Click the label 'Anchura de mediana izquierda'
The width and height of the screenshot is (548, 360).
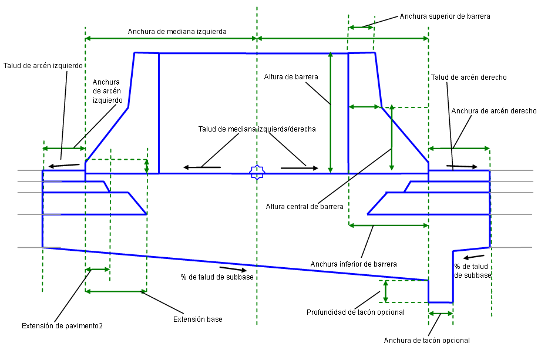[x=177, y=31]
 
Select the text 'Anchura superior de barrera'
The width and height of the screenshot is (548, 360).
[x=445, y=16]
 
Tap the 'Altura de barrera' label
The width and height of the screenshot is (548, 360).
[x=291, y=77]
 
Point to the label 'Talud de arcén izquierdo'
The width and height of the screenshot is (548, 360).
[x=43, y=66]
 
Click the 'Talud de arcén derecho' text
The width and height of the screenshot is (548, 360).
[x=469, y=78]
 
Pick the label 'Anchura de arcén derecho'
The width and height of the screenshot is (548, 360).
[x=493, y=110]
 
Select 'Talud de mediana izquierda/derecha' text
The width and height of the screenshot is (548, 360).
[x=257, y=129]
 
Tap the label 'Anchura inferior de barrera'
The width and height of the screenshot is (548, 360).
[x=354, y=264]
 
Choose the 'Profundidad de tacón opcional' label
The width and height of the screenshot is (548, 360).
[x=356, y=312]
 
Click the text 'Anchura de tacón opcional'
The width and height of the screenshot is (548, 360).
[x=426, y=341]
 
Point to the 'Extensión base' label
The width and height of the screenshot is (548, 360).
[x=198, y=319]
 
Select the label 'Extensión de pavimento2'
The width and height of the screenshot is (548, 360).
[x=62, y=325]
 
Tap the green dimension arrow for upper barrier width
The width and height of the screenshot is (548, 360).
[x=361, y=27]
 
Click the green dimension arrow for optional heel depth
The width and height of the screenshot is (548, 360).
[x=385, y=291]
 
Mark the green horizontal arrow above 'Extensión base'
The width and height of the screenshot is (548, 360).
[x=116, y=291]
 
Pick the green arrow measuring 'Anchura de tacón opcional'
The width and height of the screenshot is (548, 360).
[x=441, y=314]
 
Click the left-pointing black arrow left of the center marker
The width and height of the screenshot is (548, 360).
[x=202, y=168]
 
